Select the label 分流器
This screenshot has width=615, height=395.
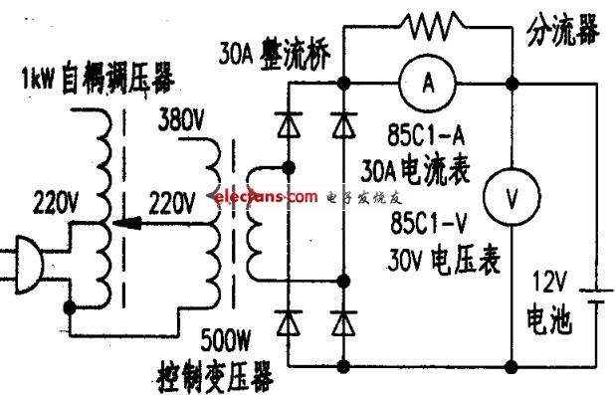(563, 30)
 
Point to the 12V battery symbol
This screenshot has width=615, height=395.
(597, 296)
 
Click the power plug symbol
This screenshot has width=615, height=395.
(28, 264)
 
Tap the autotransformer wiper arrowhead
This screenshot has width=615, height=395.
(126, 223)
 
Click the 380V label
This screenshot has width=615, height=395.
(181, 119)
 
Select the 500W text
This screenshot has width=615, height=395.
(225, 340)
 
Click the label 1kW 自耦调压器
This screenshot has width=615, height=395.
(99, 79)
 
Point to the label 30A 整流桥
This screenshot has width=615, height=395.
(275, 55)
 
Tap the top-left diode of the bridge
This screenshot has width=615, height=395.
(289, 124)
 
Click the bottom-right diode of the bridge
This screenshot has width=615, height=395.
(343, 322)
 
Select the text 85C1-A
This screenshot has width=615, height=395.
(426, 134)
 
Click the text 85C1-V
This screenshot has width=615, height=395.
(429, 223)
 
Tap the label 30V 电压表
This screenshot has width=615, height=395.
(444, 259)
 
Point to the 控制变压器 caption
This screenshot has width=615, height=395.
(215, 376)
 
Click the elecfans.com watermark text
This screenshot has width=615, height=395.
(266, 197)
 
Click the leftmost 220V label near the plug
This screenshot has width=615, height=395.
(56, 203)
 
